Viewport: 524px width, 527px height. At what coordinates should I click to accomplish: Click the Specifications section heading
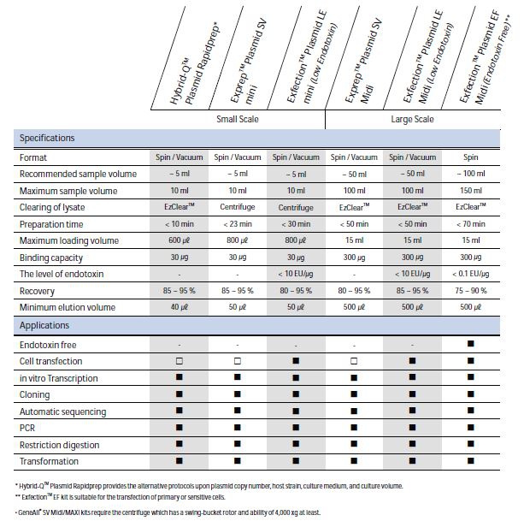tap(47, 138)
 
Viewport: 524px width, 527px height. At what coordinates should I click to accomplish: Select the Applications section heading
tap(44, 325)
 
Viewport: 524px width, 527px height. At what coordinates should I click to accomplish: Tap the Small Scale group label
tap(238, 120)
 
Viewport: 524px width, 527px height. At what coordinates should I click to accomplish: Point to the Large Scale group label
tap(412, 120)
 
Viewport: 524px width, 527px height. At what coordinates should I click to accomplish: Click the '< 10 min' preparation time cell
tap(180, 224)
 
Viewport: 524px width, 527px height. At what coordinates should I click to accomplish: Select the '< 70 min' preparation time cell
tap(471, 224)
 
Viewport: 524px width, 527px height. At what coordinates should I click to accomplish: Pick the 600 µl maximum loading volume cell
tap(180, 240)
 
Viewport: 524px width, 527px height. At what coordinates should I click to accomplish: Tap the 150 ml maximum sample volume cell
tap(471, 191)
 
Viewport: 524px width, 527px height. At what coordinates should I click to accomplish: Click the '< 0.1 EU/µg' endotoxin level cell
tap(471, 274)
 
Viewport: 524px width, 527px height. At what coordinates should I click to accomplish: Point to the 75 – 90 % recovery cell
tap(471, 290)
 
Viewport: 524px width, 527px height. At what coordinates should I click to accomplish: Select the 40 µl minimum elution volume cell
tap(180, 307)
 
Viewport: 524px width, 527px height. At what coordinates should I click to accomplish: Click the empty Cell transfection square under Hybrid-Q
tap(180, 361)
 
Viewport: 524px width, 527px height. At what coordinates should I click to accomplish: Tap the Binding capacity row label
tap(50, 258)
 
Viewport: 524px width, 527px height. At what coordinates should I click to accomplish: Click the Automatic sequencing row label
tap(59, 412)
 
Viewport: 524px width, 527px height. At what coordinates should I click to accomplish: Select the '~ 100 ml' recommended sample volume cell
tap(471, 174)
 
